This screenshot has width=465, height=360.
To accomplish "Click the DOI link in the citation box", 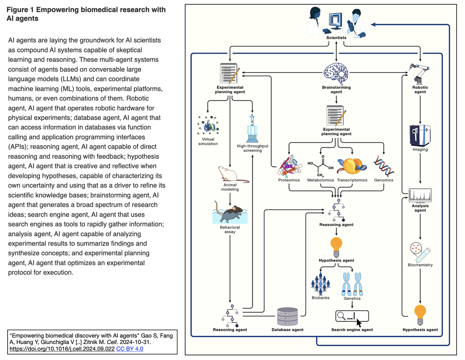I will point(62,349).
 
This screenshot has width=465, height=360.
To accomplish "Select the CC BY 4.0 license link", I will point(130,349).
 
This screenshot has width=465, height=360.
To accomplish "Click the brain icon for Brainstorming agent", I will point(336,74).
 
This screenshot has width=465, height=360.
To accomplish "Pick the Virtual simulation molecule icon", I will point(208,126).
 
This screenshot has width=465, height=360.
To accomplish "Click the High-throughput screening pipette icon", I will point(252,129).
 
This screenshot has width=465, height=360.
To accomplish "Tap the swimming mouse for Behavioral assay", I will point(230,214).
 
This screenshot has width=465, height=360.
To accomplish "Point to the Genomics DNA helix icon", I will point(384,166).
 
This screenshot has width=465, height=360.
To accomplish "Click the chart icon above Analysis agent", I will point(420,195).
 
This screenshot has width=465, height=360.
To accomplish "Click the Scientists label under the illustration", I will point(336,38).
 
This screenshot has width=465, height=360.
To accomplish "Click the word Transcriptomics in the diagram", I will point(352,180).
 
